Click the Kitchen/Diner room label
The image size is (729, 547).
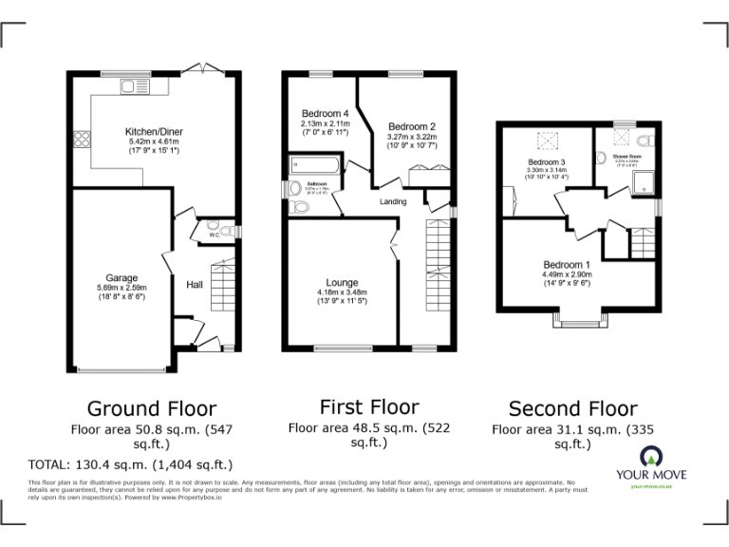153,131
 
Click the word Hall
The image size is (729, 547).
194,284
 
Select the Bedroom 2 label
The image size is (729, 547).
412,126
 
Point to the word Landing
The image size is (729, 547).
393,201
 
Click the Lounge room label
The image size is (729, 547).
342,282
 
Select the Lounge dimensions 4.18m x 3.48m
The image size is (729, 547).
342,292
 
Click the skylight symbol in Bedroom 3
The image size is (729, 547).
547,141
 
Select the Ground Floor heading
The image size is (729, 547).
152,409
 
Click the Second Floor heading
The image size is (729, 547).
572,409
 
